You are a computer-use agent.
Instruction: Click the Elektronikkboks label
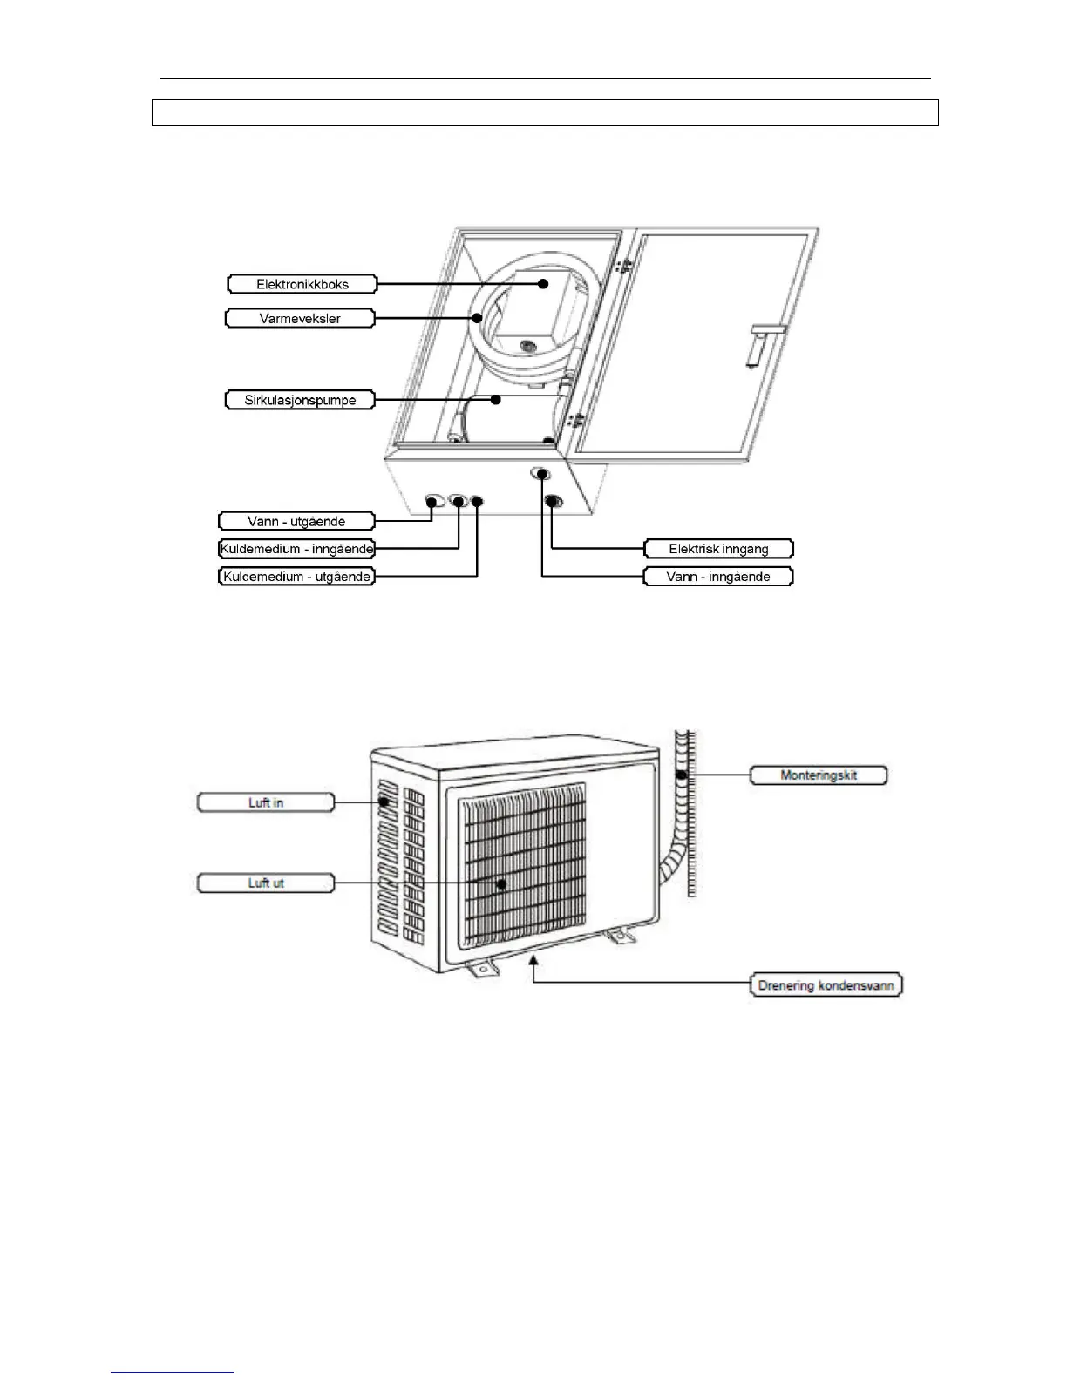[x=302, y=284]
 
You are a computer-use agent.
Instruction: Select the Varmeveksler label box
[x=300, y=319]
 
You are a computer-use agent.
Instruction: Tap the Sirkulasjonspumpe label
[x=301, y=400]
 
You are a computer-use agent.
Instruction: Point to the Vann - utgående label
[x=296, y=521]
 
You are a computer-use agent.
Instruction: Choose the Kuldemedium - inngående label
[x=296, y=549]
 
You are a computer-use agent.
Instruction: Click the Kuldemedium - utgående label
[x=296, y=577]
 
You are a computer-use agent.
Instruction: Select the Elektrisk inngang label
[x=718, y=549]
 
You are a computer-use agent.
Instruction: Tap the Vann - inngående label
[x=717, y=577]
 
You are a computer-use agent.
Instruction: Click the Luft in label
[x=266, y=802]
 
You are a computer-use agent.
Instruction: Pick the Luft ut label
[x=266, y=883]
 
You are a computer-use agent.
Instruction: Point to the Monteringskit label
[x=819, y=775]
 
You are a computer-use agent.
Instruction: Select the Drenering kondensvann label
[x=826, y=985]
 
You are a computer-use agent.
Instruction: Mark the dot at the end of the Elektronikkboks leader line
[x=543, y=283]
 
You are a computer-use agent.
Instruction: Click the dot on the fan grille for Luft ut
[x=502, y=883]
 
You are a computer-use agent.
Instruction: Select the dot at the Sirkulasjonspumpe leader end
[x=495, y=400]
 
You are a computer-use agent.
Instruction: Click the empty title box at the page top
[x=545, y=113]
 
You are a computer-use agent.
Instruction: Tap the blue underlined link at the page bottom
[x=173, y=1373]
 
